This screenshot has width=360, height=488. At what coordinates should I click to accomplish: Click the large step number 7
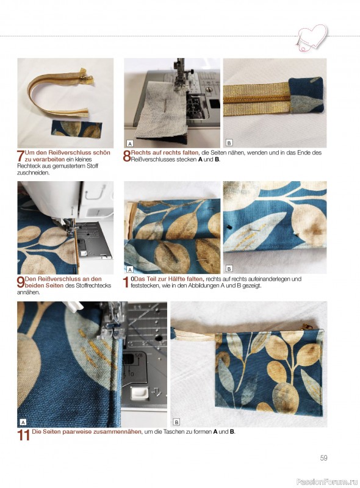[21, 156]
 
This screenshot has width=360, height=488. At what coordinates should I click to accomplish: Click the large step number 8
[127, 156]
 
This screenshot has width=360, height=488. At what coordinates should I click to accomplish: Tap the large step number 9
[21, 282]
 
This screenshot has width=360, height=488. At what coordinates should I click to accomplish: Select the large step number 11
[24, 435]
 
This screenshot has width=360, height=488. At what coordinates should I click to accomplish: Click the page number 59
[323, 458]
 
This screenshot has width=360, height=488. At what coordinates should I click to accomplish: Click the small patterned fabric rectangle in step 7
[76, 129]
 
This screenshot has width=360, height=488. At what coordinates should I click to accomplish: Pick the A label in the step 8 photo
[130, 143]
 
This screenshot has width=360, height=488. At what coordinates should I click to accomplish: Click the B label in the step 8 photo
[229, 143]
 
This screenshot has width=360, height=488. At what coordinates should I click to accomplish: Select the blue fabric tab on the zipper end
[306, 95]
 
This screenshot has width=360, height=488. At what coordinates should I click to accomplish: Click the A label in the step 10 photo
[130, 269]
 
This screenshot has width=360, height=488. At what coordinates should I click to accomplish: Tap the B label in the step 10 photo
[229, 268]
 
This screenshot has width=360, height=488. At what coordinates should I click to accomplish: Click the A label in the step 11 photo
[23, 422]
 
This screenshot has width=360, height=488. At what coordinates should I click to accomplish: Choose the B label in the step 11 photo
[176, 422]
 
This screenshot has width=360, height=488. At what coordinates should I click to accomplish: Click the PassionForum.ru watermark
[327, 481]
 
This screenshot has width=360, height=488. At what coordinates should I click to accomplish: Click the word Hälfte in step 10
[177, 279]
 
